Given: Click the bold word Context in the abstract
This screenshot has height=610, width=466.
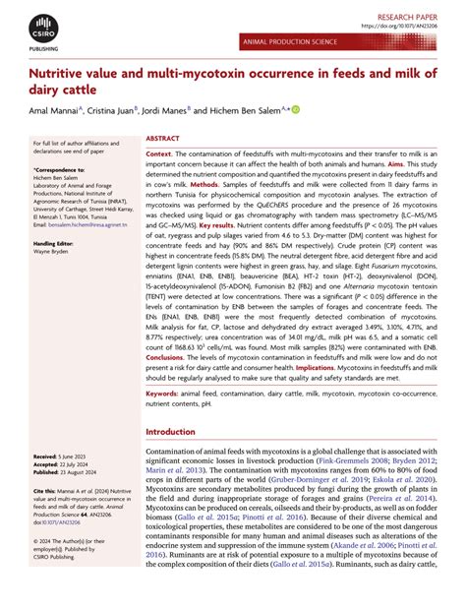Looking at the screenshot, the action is (158, 155).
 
